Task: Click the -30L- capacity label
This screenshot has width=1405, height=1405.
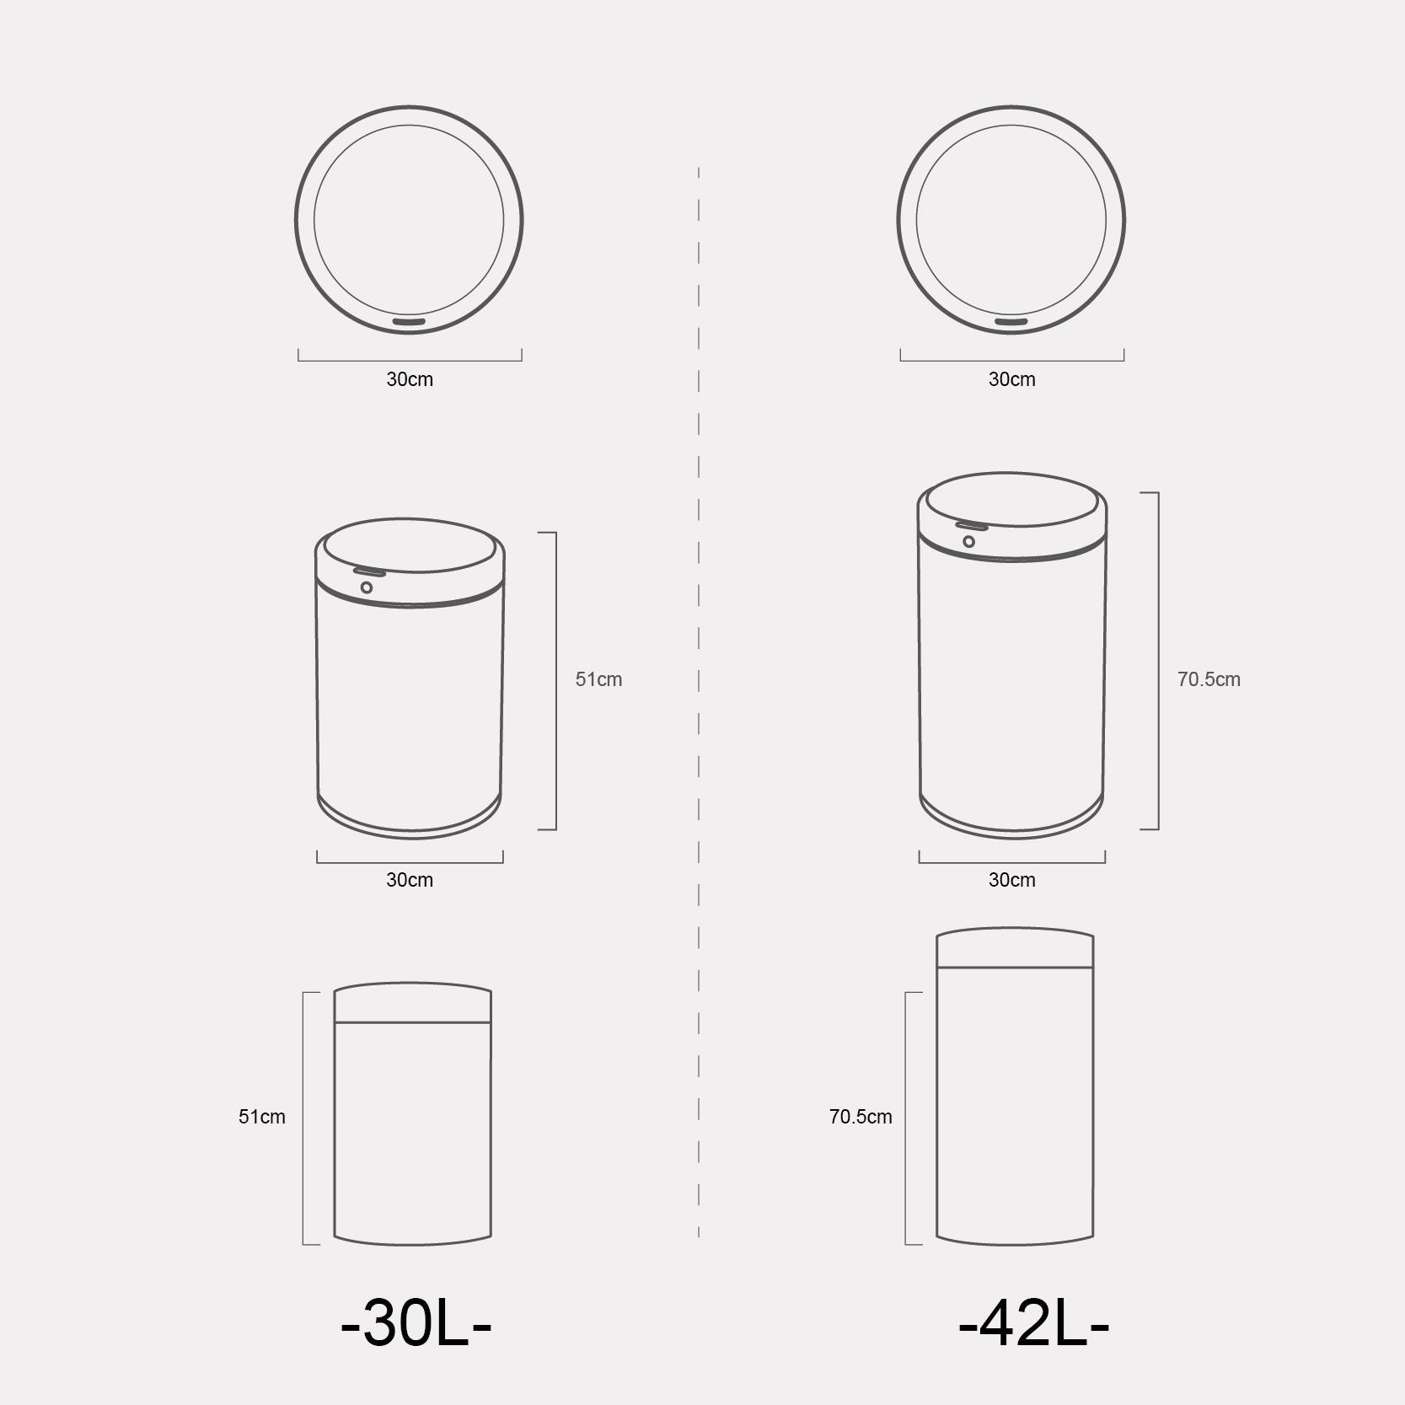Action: pyautogui.click(x=416, y=1326)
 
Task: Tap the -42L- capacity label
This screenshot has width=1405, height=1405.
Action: pyautogui.click(x=1033, y=1326)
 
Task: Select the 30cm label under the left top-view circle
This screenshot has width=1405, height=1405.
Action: pyautogui.click(x=410, y=379)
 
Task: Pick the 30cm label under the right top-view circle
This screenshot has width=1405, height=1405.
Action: pyautogui.click(x=1011, y=379)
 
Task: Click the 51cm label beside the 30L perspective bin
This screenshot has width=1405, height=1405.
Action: pyautogui.click(x=598, y=679)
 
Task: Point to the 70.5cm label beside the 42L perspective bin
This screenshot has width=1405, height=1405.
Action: pyautogui.click(x=1209, y=679)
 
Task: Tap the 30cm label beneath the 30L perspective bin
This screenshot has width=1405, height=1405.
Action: pyautogui.click(x=410, y=880)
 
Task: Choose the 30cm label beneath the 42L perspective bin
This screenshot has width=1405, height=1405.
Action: pyautogui.click(x=1011, y=880)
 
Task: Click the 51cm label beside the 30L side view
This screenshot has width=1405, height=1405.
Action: pyautogui.click(x=261, y=1117)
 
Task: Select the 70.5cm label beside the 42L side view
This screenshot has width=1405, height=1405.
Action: pyautogui.click(x=861, y=1117)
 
